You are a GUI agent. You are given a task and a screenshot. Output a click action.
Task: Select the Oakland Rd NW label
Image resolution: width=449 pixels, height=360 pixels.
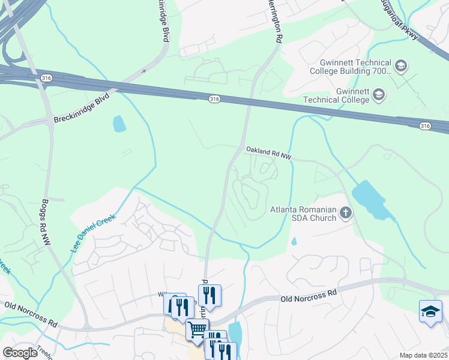click(x=268, y=154)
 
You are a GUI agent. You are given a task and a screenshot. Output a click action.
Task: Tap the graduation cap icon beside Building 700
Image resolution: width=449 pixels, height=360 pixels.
click(x=401, y=65)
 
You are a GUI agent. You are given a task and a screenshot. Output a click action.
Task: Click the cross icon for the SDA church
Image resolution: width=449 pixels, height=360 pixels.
click(x=345, y=212)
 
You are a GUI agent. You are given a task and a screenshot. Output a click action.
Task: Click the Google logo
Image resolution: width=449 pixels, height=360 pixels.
click(x=20, y=353)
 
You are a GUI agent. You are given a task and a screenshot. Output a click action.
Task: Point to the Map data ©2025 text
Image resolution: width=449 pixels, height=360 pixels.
click(x=423, y=355)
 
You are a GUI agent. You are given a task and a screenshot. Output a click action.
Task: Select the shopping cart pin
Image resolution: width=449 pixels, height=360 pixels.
click(x=196, y=329)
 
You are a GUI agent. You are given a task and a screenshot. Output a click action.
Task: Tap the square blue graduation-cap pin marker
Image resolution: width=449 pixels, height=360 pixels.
click(x=430, y=311)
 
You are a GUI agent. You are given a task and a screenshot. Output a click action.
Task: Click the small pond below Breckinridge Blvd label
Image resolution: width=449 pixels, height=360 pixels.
click(x=119, y=124)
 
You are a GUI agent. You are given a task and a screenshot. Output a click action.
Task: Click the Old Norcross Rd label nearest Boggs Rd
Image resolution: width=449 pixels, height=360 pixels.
click(x=31, y=314)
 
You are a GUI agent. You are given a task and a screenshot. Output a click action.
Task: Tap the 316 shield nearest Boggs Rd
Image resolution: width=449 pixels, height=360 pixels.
click(x=46, y=78)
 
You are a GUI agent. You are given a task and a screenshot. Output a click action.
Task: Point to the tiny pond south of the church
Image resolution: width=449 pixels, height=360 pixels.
click(x=294, y=241)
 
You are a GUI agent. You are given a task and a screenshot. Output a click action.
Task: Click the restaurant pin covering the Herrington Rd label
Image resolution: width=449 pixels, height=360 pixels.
click(x=209, y=295)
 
